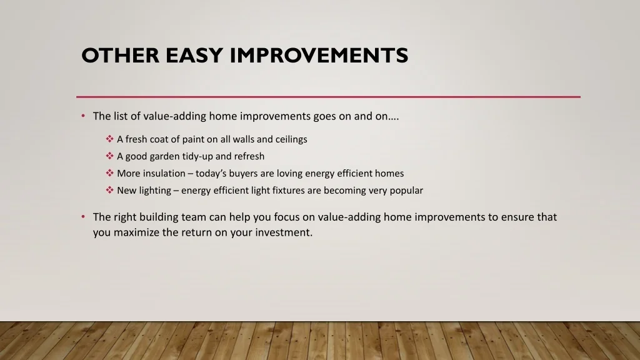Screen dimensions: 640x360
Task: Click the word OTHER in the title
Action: [x=121, y=56]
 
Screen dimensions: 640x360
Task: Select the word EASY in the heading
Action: [x=194, y=56]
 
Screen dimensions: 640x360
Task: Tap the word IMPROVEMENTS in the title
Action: [x=319, y=56]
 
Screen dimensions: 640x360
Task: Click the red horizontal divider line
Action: [x=328, y=97]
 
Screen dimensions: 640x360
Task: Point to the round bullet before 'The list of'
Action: [x=83, y=116]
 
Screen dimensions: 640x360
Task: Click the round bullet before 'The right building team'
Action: [x=83, y=217]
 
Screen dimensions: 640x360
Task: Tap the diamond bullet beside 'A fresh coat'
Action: [x=109, y=139]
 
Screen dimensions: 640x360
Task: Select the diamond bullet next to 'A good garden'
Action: [x=109, y=156]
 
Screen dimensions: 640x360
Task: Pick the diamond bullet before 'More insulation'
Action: [x=109, y=173]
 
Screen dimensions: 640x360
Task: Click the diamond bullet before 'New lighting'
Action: [x=109, y=190]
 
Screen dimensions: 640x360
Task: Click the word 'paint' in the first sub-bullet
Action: [x=193, y=139]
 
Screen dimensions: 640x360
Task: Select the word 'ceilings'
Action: [x=291, y=139]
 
